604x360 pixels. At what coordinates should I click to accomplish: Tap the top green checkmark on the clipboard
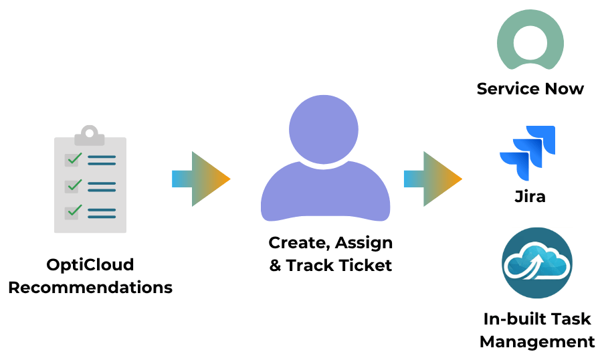(x=74, y=159)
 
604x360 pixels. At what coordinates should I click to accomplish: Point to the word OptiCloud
(x=90, y=265)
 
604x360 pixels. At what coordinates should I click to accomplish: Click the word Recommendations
(x=90, y=288)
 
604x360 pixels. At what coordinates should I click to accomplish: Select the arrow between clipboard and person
(x=201, y=179)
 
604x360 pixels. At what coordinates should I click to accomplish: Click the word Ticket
(x=365, y=266)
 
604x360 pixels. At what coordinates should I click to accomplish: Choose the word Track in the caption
(x=310, y=266)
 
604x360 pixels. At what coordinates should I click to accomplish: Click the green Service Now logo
(x=530, y=40)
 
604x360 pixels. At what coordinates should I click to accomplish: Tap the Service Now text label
(x=530, y=89)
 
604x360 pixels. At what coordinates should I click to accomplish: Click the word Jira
(x=530, y=197)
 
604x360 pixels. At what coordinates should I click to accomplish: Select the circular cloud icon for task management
(x=537, y=263)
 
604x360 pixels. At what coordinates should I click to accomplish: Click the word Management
(x=537, y=342)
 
